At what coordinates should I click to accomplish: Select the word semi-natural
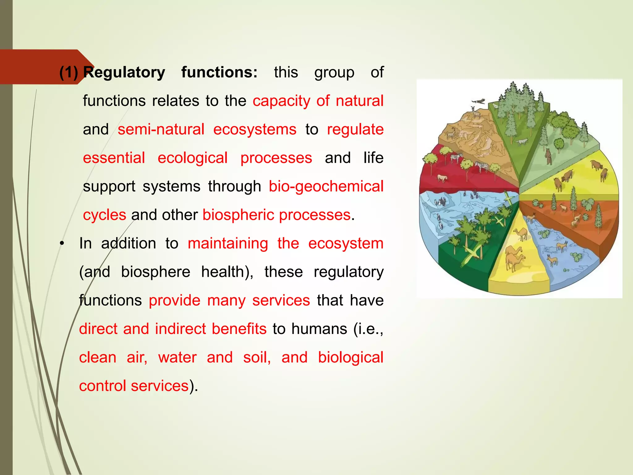(x=161, y=129)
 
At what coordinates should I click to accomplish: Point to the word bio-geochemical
(x=326, y=186)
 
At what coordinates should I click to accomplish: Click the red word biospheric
(x=238, y=215)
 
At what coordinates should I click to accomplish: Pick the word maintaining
(x=228, y=243)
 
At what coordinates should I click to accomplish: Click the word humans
(x=319, y=329)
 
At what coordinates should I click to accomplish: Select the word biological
(x=351, y=357)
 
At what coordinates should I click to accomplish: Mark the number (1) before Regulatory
(x=69, y=73)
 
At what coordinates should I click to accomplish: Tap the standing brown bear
(x=548, y=156)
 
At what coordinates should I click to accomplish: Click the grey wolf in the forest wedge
(x=522, y=142)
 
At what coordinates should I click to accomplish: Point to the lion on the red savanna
(x=443, y=178)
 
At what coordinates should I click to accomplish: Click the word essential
(x=114, y=158)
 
